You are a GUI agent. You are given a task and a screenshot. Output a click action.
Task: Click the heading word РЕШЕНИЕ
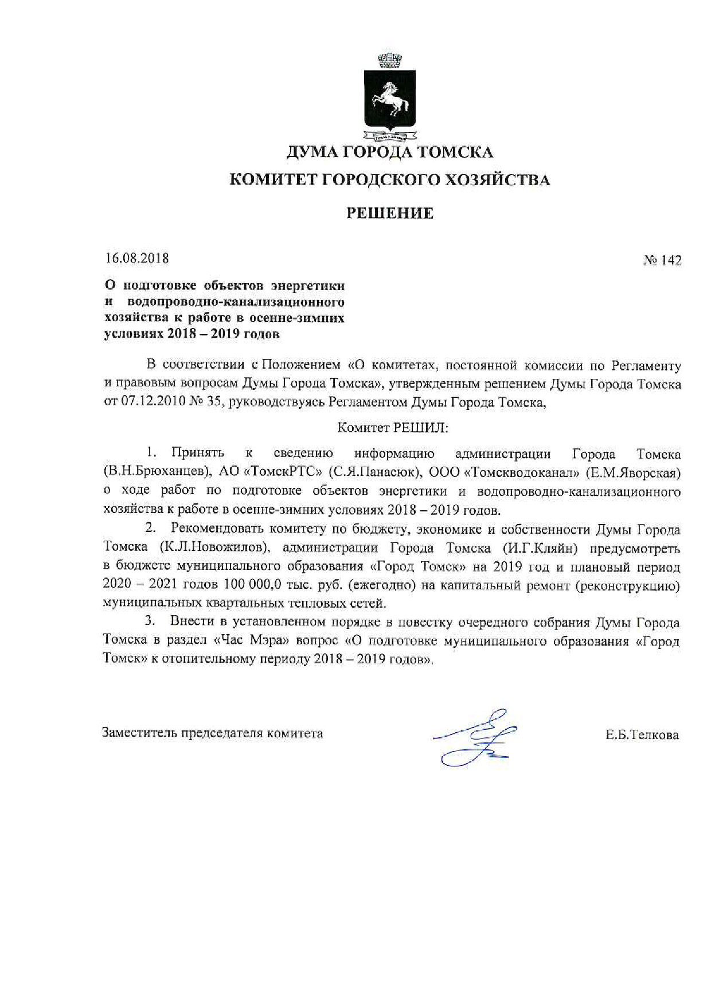click(x=390, y=213)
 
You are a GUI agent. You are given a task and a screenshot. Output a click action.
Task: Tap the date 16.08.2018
click(x=137, y=258)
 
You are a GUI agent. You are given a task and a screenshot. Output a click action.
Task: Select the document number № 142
click(x=662, y=260)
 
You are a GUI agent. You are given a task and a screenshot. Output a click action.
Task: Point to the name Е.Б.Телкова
click(x=642, y=735)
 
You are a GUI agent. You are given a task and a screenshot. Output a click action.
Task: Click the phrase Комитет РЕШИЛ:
click(x=393, y=428)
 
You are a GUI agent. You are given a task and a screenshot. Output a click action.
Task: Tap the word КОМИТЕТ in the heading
click(x=271, y=180)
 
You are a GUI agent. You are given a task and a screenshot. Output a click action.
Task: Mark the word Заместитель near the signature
click(x=139, y=733)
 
